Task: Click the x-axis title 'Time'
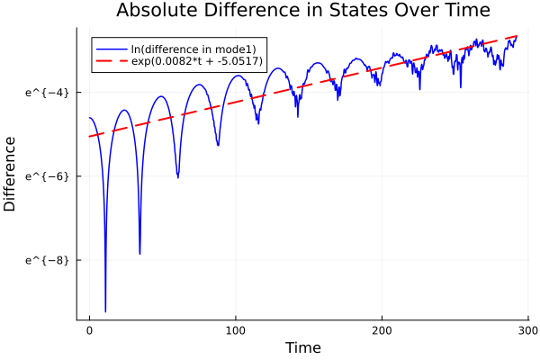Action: coord(302,347)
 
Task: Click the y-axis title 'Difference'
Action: coord(11,174)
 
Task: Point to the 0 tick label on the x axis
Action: coord(89,330)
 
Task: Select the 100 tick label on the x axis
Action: coord(236,330)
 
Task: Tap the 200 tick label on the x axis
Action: coord(382,330)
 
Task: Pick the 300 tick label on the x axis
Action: coord(527,330)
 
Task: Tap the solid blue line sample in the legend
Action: coord(111,48)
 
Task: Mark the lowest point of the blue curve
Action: coord(105,310)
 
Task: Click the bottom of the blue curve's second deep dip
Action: coord(139,254)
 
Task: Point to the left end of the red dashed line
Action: coord(90,137)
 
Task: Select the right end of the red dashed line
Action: coord(517,36)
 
